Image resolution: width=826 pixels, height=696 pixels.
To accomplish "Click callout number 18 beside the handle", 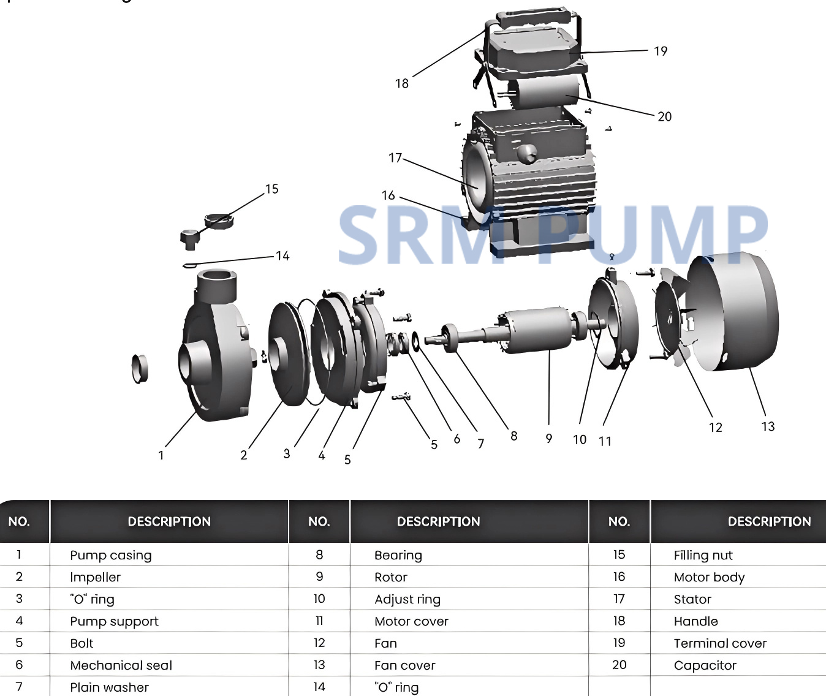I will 402,83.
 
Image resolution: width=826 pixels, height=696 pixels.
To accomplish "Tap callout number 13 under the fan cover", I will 768,426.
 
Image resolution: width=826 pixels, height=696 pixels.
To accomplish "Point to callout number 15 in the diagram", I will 271,189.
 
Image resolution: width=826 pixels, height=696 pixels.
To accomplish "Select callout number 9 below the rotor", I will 549,439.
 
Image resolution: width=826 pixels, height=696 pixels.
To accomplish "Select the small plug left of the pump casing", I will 140,369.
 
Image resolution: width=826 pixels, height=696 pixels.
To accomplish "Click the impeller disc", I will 288,353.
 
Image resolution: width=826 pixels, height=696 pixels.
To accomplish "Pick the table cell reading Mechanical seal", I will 121,665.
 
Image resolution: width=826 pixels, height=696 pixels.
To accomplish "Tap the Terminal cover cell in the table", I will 720,643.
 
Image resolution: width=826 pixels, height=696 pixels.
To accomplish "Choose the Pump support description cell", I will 114,621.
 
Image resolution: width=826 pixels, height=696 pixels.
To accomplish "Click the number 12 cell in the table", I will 319,643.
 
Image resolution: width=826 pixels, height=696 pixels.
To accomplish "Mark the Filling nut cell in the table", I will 703,555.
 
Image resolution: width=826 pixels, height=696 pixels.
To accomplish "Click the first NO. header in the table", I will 19,521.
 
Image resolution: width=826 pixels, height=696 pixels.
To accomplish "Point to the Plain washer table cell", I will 110,687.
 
